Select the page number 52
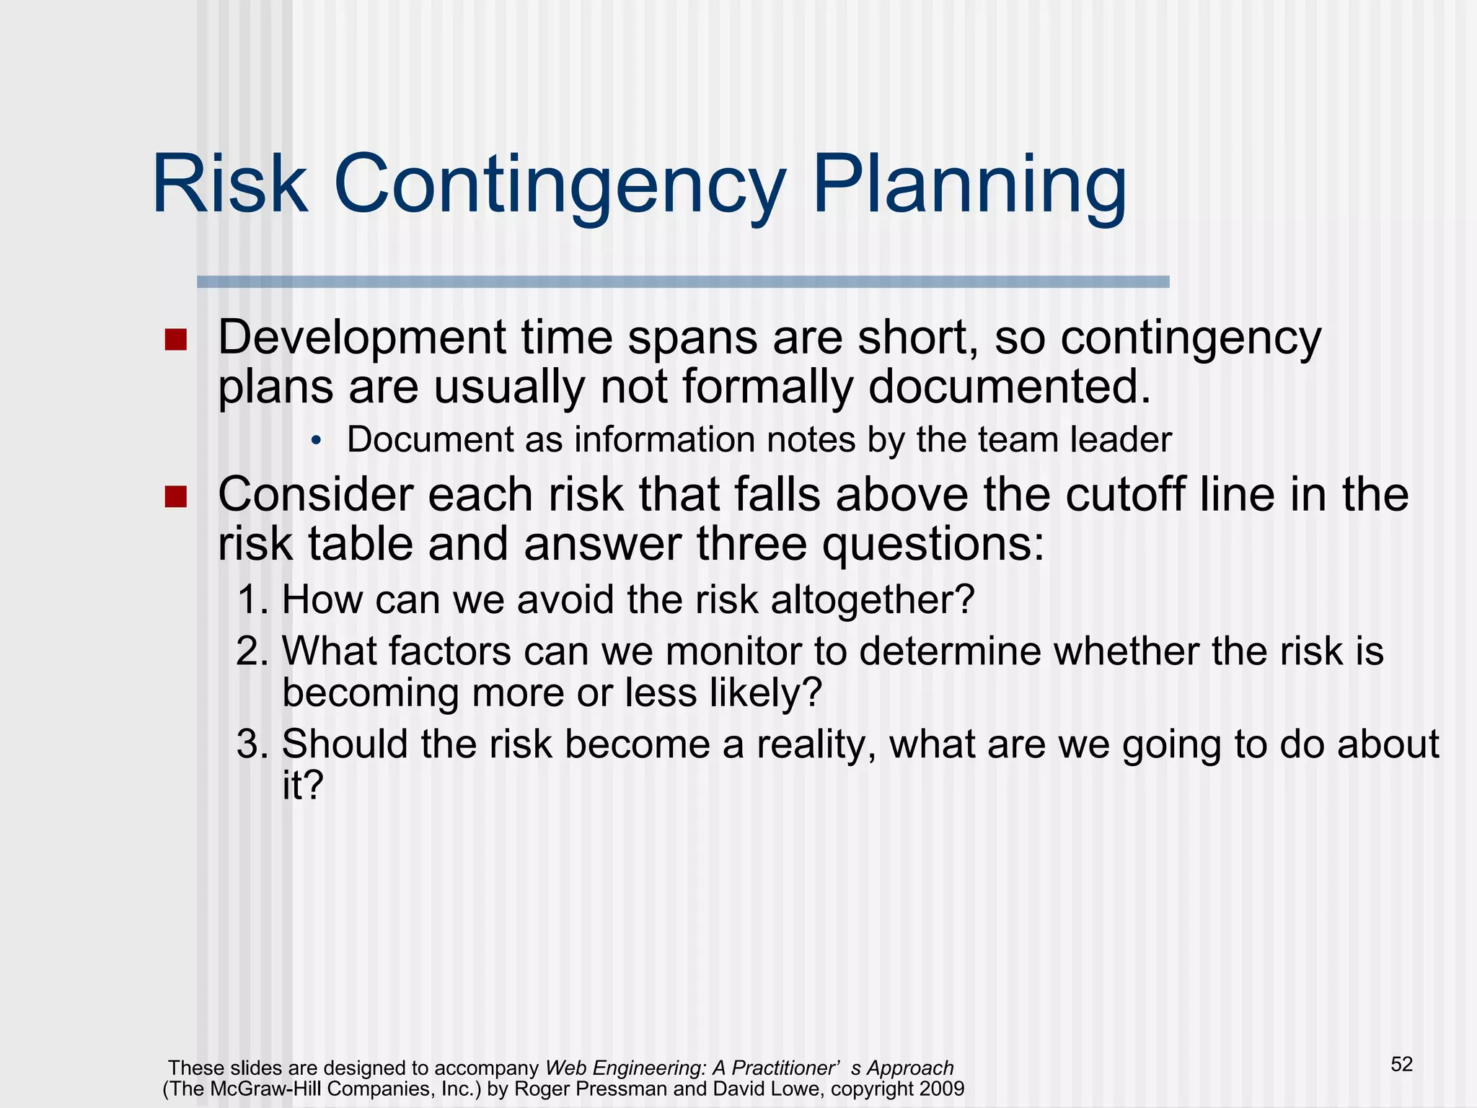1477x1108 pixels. [1401, 1065]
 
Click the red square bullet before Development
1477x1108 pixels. [175, 340]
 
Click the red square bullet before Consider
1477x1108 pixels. [175, 496]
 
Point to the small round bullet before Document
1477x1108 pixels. [315, 441]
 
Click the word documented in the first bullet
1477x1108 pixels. [1008, 386]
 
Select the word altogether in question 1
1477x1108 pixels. [872, 600]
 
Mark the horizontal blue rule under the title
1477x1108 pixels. [683, 282]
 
